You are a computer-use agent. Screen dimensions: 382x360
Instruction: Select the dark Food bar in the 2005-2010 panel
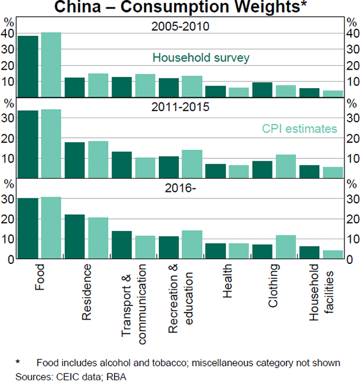[28, 66]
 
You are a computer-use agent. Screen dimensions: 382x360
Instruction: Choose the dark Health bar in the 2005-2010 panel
[215, 91]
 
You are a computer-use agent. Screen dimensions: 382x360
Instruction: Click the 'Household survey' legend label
[200, 58]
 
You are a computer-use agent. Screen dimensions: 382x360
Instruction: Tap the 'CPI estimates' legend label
[299, 128]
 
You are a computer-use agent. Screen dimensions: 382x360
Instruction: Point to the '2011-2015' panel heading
[179, 108]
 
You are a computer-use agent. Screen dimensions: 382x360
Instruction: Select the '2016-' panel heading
[179, 187]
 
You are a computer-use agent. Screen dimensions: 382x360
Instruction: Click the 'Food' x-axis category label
[40, 277]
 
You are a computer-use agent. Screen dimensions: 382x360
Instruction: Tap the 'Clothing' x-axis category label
[274, 287]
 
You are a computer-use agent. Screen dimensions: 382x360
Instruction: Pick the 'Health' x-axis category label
[227, 282]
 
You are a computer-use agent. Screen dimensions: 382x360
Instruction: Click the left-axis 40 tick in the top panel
[8, 34]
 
